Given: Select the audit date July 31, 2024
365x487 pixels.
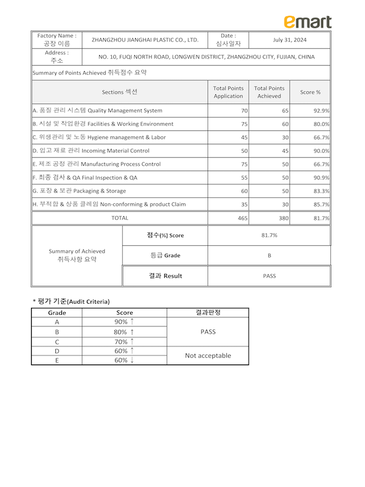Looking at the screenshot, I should [x=290, y=40].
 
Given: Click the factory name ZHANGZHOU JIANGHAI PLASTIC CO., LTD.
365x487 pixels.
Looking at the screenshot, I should [x=145, y=40].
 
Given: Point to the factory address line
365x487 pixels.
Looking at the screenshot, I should [x=206, y=57].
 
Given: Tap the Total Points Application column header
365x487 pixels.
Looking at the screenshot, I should [x=228, y=92].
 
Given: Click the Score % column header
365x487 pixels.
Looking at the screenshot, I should [x=310, y=92].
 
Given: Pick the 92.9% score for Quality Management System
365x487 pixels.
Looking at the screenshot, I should [x=321, y=111].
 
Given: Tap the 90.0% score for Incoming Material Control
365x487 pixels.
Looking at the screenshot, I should [x=321, y=151].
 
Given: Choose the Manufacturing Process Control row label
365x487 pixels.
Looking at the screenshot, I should [x=96, y=164].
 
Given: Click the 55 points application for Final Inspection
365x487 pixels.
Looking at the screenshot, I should [x=244, y=178].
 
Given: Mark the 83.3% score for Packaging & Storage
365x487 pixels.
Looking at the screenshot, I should [x=321, y=191].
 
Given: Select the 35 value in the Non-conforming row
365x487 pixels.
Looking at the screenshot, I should [x=244, y=205].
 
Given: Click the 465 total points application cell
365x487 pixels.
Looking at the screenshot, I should [x=242, y=218].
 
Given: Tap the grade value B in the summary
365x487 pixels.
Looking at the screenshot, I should [x=269, y=256].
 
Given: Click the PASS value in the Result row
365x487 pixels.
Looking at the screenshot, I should [x=269, y=276].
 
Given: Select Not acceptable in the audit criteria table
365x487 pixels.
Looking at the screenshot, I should [x=208, y=355].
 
